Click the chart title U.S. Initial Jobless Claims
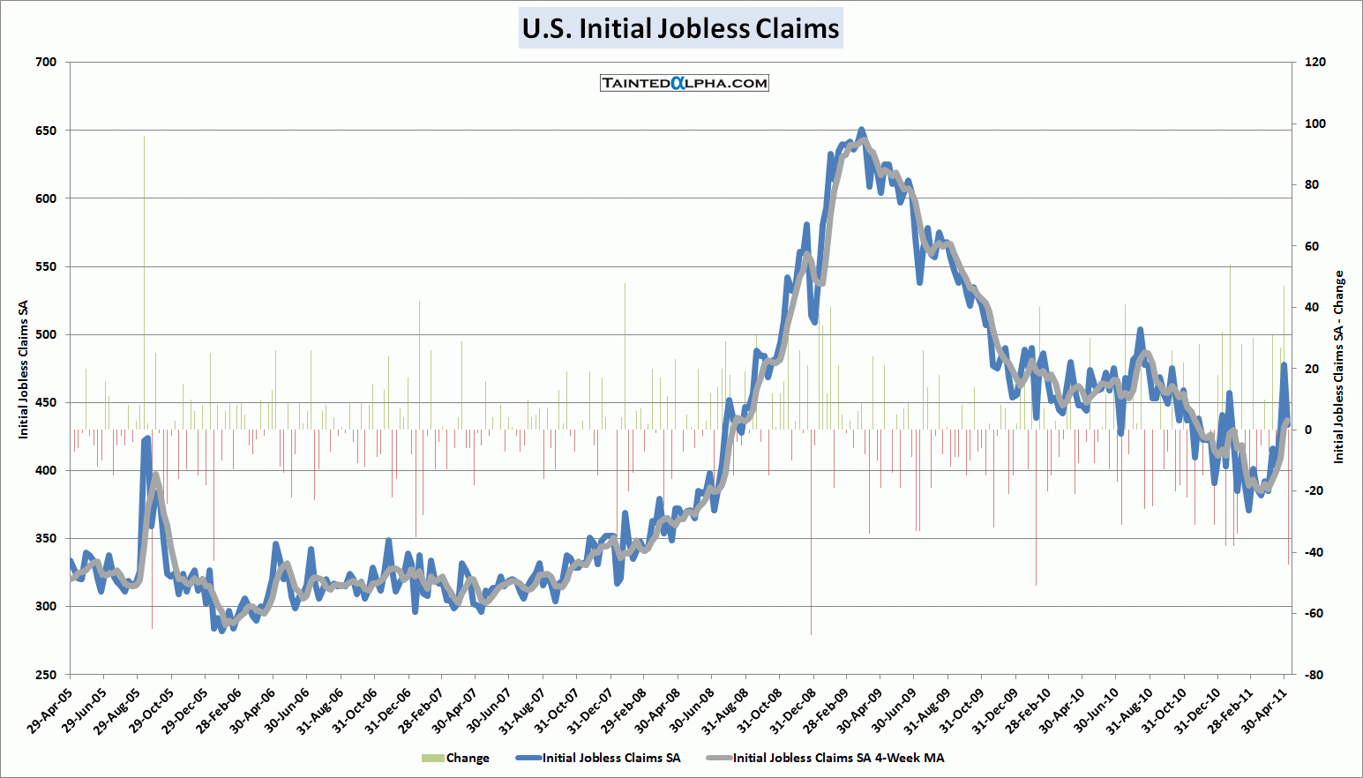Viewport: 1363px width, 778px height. pos(680,28)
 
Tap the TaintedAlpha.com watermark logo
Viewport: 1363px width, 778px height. pos(685,83)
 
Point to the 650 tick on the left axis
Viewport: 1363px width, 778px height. pos(46,131)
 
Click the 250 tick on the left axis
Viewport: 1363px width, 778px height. pos(46,675)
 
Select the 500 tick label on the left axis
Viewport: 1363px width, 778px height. pos(46,334)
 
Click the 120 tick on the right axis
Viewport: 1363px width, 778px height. pos(1314,62)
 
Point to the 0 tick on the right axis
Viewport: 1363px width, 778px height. pos(1308,430)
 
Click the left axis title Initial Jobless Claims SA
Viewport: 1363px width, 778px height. pos(24,370)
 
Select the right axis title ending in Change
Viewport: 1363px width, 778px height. pos(1338,367)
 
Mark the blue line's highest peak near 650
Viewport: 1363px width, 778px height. pos(862,130)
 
